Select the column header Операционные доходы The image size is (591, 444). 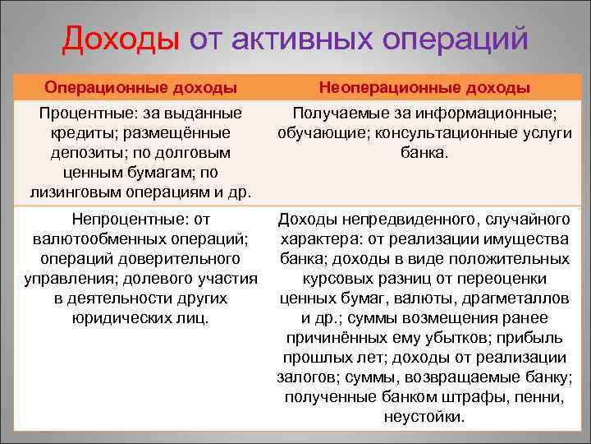coord(141,87)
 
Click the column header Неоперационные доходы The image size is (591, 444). coord(424,87)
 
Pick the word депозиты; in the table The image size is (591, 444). coord(84,152)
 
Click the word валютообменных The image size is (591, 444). coord(89,239)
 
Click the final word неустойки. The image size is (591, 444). coord(424,417)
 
